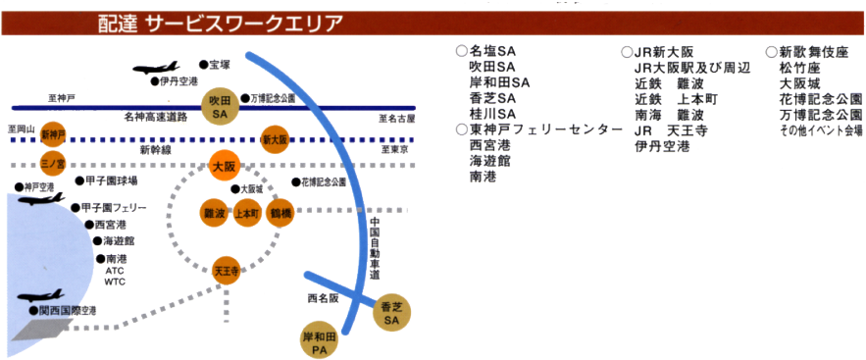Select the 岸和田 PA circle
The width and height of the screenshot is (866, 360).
(321, 342)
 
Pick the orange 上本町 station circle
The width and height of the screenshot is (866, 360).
(246, 213)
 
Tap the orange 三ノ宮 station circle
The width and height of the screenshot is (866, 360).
(52, 163)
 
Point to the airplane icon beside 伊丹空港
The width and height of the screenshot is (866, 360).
(155, 68)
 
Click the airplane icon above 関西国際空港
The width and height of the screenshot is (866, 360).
(40, 294)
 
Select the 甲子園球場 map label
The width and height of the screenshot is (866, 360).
(107, 181)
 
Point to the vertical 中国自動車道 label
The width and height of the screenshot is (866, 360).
(375, 249)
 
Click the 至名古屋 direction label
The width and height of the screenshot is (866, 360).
(397, 118)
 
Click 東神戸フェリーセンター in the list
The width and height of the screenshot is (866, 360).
(545, 130)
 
